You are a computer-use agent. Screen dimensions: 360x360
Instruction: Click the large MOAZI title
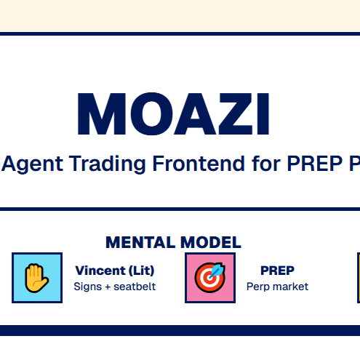173,113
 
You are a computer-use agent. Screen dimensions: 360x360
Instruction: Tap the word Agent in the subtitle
33,164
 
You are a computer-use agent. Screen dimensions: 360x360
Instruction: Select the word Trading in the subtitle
108,164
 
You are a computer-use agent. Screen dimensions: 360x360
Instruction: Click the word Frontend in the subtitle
199,164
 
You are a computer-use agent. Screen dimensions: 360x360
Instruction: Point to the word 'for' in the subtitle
266,164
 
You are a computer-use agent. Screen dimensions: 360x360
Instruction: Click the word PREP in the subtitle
315,164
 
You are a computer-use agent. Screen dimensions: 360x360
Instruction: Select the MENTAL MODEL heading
173,242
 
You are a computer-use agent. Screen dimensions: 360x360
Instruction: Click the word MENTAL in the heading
140,242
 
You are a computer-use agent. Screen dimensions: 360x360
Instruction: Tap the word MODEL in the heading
211,242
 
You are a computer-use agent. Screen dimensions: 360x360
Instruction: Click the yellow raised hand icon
36,278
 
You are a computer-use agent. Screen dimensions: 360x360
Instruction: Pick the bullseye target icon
210,278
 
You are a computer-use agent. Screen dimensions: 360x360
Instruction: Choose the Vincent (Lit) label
115,271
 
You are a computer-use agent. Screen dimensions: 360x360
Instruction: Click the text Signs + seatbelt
115,287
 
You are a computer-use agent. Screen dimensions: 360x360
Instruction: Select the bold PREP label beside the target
277,271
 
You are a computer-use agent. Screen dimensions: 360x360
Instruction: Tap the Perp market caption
277,287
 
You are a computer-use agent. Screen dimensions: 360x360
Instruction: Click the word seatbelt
135,287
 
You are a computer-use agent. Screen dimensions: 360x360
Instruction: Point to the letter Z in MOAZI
236,113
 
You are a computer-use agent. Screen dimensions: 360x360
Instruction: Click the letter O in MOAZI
152,113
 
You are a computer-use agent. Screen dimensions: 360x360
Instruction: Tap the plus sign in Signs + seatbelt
108,287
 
